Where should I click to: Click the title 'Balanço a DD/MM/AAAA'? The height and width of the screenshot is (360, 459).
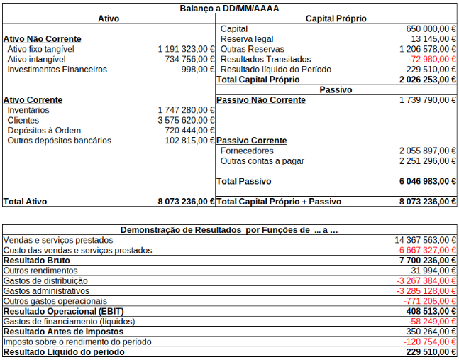point(230,8)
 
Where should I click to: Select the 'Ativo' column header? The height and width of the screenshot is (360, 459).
point(109,18)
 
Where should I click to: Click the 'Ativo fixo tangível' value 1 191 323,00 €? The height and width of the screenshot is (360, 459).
point(186,49)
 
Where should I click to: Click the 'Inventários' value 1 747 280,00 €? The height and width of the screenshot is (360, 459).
point(186,111)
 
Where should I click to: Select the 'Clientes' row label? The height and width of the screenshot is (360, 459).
point(23,121)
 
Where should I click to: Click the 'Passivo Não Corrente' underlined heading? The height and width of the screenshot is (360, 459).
point(260,100)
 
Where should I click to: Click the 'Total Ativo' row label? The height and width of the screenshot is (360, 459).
point(26,202)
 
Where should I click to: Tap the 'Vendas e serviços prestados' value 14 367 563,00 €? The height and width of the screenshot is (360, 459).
point(425,240)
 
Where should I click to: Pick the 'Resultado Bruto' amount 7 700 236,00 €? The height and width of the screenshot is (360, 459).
point(427,261)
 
